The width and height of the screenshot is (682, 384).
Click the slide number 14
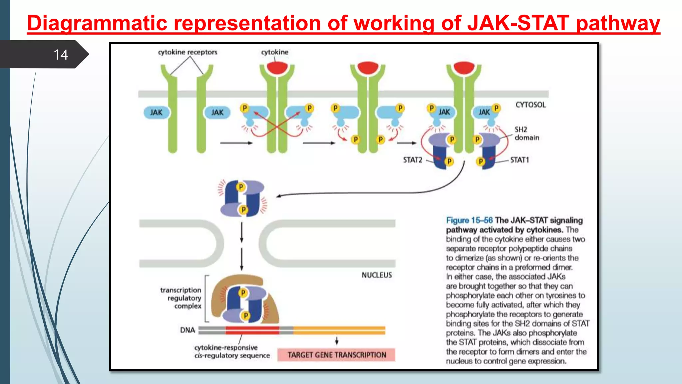[x=61, y=55]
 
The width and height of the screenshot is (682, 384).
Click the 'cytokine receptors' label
[x=187, y=52]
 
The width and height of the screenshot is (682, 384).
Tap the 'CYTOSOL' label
[x=530, y=105]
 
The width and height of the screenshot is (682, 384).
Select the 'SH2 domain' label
[x=526, y=133]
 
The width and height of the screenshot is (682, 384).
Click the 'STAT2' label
[x=412, y=160]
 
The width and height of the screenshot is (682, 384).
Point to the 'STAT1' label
[x=519, y=160]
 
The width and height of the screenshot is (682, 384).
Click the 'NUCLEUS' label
[x=377, y=275]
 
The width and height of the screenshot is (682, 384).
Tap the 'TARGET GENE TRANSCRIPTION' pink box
[x=336, y=355]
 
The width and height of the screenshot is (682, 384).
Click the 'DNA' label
[x=187, y=330]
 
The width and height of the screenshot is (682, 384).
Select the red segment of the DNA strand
[x=252, y=330]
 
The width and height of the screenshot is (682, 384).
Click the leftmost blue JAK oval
[x=156, y=112]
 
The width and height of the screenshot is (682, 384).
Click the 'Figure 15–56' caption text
[x=469, y=220]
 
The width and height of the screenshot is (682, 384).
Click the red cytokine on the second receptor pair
[x=277, y=68]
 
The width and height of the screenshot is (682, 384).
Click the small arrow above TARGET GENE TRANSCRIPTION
[x=337, y=341]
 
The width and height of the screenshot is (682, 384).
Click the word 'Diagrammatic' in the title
[x=97, y=23]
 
